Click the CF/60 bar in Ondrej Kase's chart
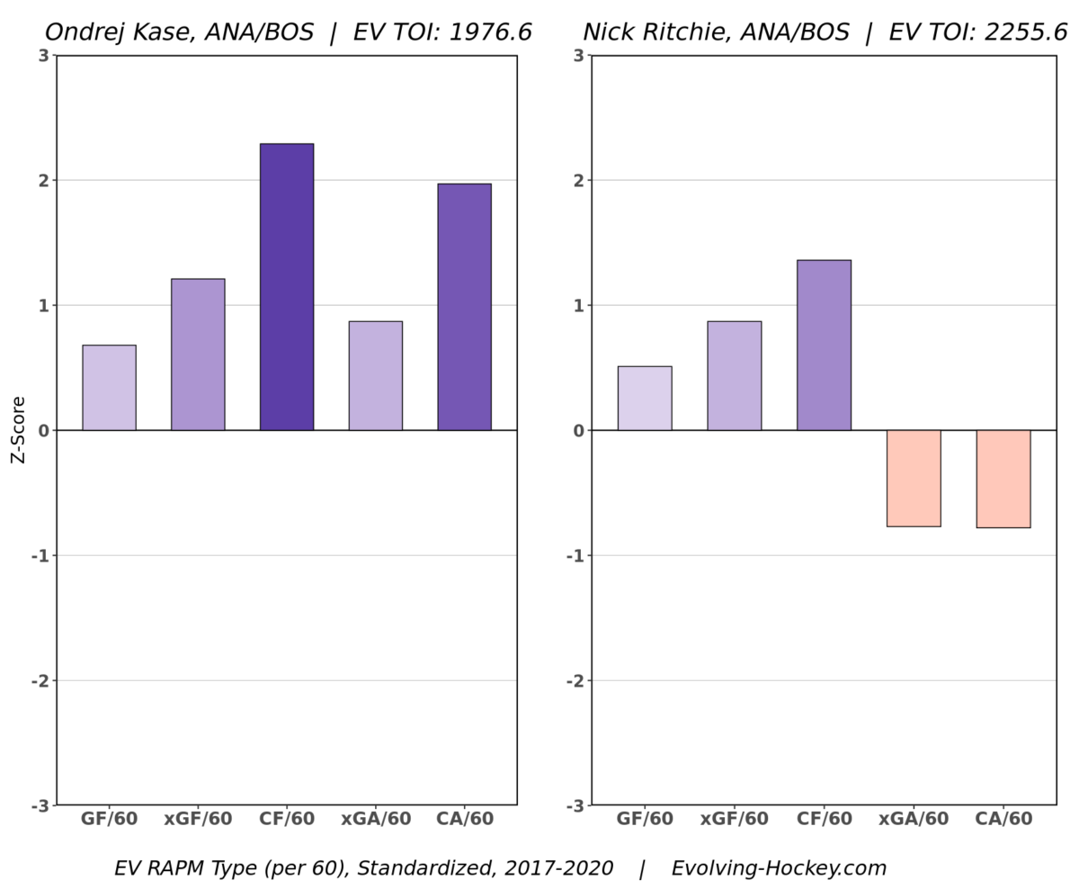pos(287,287)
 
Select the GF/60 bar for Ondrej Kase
pos(109,388)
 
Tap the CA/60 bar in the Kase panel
pos(464,307)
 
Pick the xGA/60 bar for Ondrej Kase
pos(375,376)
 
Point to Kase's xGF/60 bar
pos(198,355)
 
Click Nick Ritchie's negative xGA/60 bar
pos(914,478)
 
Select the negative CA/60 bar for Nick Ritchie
pos(1003,479)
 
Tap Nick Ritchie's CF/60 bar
pos(824,346)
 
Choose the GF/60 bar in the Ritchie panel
pos(644,399)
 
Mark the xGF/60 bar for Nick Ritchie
pos(734,376)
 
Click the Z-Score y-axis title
pos(18,430)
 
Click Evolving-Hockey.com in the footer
pos(779,868)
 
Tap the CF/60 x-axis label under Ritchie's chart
pos(825,820)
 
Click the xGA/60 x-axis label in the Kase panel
pos(376,820)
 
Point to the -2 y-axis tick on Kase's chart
pos(40,681)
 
